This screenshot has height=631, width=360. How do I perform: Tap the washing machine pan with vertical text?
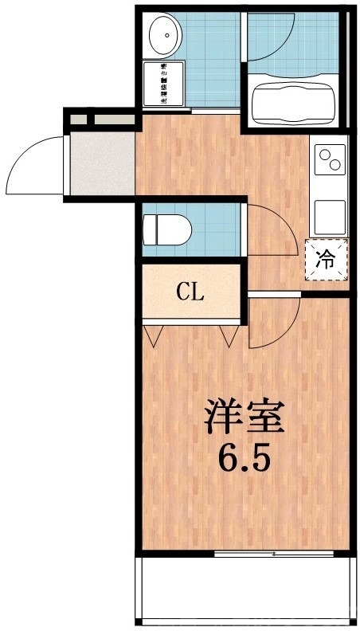[162, 84]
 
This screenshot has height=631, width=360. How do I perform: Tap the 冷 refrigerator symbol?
[327, 259]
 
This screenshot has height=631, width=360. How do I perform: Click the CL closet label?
[190, 291]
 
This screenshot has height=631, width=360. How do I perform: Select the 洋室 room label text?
[243, 417]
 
